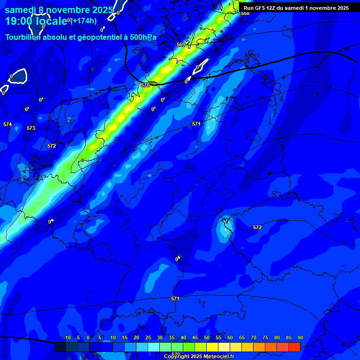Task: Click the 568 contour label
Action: pyautogui.click(x=245, y=14)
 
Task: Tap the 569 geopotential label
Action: pyautogui.click(x=181, y=45)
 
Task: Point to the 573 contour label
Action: pyautogui.click(x=31, y=128)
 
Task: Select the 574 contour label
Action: pyautogui.click(x=7, y=124)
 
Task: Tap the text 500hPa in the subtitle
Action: pyautogui.click(x=143, y=37)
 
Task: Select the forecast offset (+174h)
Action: pyautogui.click(x=83, y=21)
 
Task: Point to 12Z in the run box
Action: pyautogui.click(x=270, y=8)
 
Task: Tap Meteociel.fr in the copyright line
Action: pyautogui.click(x=219, y=357)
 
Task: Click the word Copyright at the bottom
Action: pyautogui.click(x=176, y=357)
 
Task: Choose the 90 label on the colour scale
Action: pyautogui.click(x=300, y=337)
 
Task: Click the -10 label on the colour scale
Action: pyautogui.click(x=67, y=337)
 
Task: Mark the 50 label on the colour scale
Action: pyautogui.click(x=207, y=337)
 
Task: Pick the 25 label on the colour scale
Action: pyautogui.click(x=148, y=337)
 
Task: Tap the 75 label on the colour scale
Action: pyautogui.click(x=265, y=337)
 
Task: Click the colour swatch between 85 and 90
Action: pyautogui.click(x=294, y=347)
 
